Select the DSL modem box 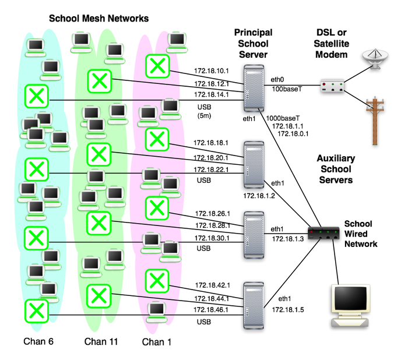pyautogui.click(x=332, y=89)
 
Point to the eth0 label pyautogui.click(x=280, y=79)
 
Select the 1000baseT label pyautogui.click(x=283, y=118)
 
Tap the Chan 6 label pyautogui.click(x=38, y=341)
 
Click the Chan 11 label pyautogui.click(x=101, y=341)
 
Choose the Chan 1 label pyautogui.click(x=157, y=342)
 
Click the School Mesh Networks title pyautogui.click(x=99, y=19)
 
